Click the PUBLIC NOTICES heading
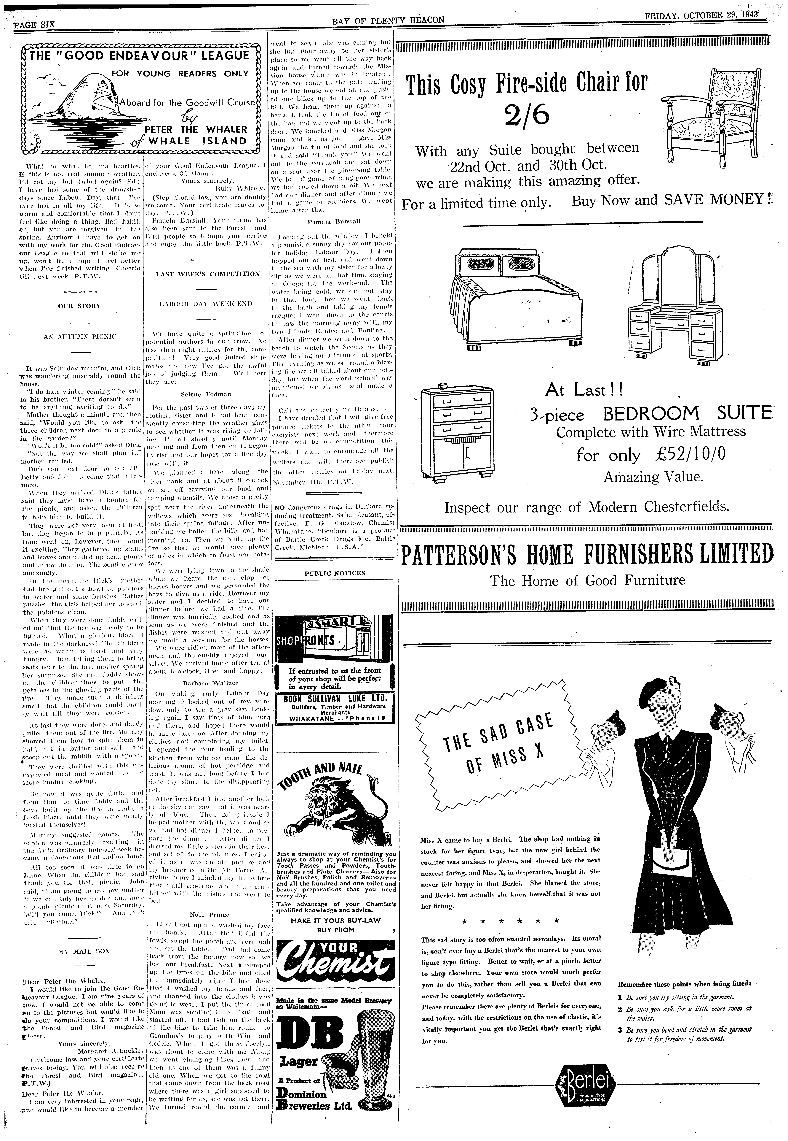coord(335,573)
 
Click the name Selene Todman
coord(207,394)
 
